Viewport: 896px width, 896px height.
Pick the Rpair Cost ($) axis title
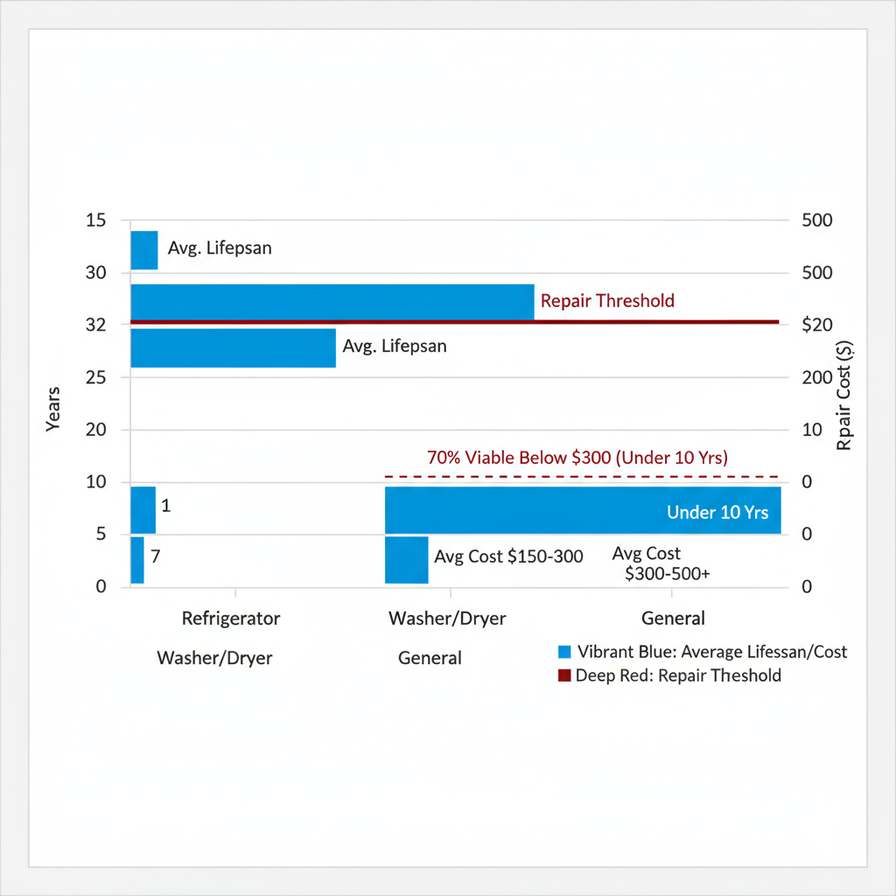point(844,395)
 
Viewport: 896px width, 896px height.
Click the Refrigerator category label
point(231,619)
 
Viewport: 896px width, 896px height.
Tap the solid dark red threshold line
point(656,322)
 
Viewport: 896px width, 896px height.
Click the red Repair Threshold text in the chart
point(607,301)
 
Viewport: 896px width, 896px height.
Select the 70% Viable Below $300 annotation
point(577,458)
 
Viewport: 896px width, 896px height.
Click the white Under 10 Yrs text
point(717,513)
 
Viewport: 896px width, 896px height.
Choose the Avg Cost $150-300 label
point(508,557)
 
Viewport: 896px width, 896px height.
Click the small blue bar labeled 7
point(137,560)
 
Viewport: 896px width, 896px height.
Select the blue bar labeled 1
point(143,509)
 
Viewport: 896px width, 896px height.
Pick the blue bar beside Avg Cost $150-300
point(406,560)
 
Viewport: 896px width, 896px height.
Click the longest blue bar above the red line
point(332,302)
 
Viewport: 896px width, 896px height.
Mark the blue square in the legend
point(564,652)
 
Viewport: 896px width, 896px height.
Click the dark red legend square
point(564,675)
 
